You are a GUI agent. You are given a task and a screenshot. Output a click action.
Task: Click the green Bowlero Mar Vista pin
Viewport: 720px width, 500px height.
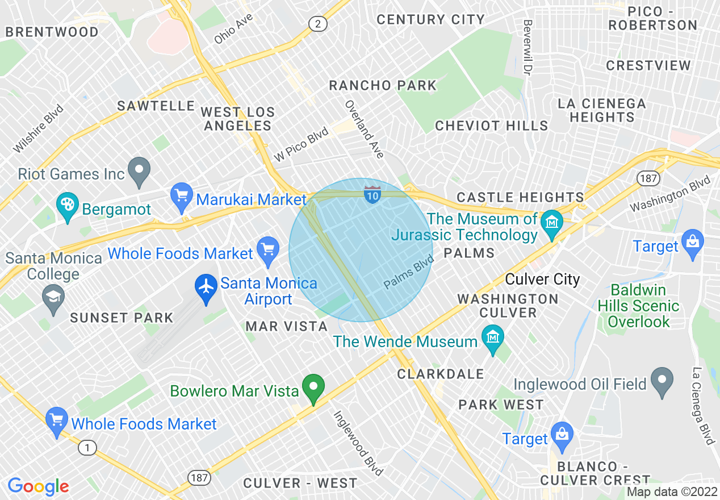coord(312,389)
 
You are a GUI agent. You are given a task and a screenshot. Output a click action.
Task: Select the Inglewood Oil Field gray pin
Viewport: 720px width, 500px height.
coord(662,381)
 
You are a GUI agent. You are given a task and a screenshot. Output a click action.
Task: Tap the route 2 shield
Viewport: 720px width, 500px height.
coord(318,23)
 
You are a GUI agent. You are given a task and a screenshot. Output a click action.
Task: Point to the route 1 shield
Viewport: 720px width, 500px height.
coord(87,448)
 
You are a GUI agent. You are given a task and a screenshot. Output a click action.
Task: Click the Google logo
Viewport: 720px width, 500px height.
coord(39,486)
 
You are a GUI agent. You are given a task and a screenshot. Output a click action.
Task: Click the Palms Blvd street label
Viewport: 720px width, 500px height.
coord(409,272)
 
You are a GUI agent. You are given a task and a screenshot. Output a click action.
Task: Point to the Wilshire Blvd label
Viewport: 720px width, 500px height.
coord(38,129)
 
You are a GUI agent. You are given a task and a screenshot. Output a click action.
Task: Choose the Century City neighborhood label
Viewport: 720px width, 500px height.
coord(430,19)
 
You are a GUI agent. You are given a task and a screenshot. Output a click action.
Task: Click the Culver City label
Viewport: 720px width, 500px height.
coord(542,280)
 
